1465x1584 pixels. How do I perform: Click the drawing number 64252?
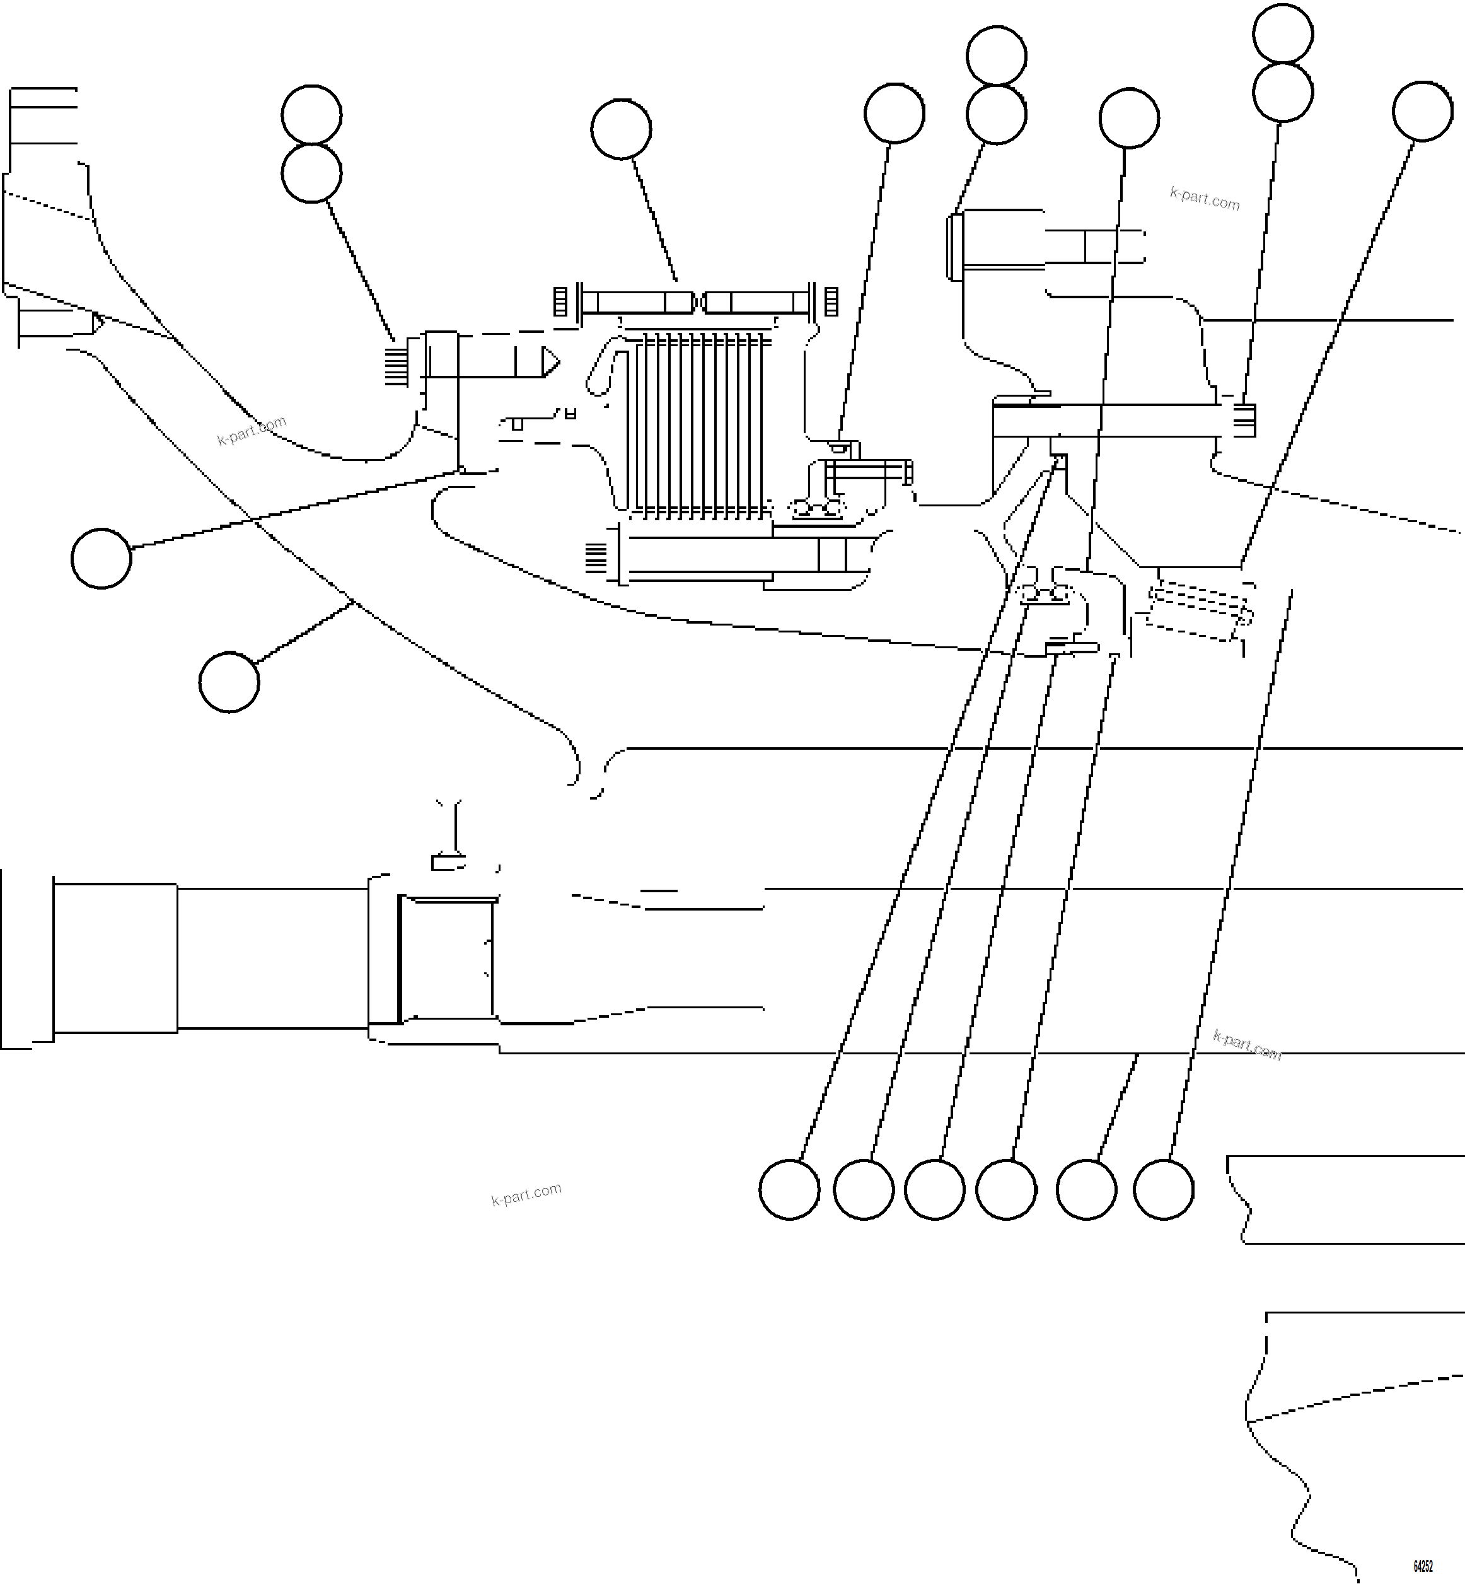tap(1422, 1566)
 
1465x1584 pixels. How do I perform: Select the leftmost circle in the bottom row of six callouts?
tap(789, 1189)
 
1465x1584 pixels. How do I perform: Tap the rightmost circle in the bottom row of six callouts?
tap(1163, 1189)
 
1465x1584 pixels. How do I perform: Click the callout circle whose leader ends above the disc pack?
tap(621, 129)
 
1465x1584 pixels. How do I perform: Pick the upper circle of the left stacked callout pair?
tap(311, 115)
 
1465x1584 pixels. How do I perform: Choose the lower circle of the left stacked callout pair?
tap(311, 173)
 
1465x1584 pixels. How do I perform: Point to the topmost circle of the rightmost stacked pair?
tap(1283, 33)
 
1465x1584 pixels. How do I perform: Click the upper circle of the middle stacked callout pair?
tap(997, 55)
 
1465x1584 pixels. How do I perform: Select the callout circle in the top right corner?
tap(1422, 112)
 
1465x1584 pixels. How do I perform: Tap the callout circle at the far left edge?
tap(101, 559)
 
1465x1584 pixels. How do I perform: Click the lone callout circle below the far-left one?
tap(229, 682)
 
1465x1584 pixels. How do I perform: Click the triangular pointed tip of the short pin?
tap(550, 363)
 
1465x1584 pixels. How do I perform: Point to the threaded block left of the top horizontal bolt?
tap(560, 301)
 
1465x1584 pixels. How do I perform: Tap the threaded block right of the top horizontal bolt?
tap(831, 301)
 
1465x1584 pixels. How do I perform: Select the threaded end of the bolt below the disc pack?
tap(595, 557)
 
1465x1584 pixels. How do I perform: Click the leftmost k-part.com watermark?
tap(252, 431)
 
